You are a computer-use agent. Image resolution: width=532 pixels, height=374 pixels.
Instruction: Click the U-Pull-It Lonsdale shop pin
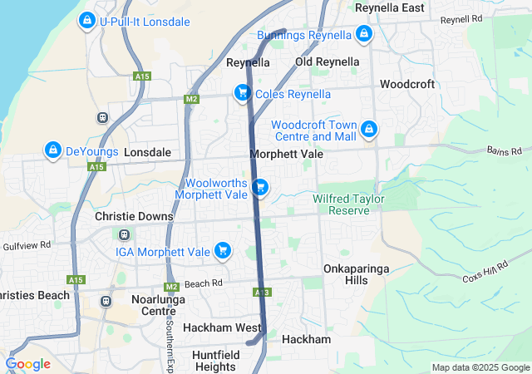[x=86, y=20]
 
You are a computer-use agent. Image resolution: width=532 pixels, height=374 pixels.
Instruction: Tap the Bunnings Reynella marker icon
[x=363, y=34]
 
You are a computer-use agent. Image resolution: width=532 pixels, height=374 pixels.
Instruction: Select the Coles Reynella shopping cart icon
[x=242, y=92]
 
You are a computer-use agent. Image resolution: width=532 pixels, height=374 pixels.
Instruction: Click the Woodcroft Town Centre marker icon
[x=368, y=129]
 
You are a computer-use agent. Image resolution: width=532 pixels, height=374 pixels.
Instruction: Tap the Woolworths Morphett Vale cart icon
[x=260, y=187]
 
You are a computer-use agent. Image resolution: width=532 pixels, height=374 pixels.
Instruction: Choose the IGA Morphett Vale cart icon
[x=222, y=250]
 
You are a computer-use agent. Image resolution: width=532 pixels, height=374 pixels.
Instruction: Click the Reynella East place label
[x=389, y=7]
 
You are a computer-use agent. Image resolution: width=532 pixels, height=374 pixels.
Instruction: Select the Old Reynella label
[x=328, y=62]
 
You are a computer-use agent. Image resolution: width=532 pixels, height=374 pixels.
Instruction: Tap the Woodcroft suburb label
[x=407, y=84]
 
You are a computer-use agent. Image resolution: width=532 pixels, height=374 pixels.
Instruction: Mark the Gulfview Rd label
[x=27, y=246]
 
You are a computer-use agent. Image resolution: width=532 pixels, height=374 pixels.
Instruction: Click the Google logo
[x=28, y=364]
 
